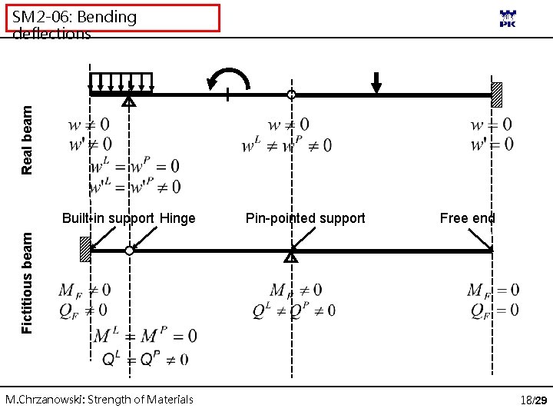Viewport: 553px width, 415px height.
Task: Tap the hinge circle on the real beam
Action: [291, 95]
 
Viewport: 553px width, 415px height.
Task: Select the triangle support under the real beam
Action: [129, 100]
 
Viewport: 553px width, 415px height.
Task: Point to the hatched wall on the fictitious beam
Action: [85, 250]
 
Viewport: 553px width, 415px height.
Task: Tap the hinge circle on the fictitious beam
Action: [129, 251]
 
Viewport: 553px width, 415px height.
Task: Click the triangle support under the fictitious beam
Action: [291, 256]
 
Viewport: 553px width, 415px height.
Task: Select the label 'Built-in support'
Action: [108, 218]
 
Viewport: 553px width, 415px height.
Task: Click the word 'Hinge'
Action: [177, 218]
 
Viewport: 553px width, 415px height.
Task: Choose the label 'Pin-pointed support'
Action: [305, 218]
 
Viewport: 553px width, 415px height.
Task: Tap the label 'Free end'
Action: [467, 218]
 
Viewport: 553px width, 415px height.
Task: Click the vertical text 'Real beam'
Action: [28, 139]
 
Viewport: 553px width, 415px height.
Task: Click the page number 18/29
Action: [533, 400]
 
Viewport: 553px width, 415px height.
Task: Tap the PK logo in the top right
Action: [508, 19]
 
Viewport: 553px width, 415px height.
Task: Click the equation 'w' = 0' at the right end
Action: [491, 144]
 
